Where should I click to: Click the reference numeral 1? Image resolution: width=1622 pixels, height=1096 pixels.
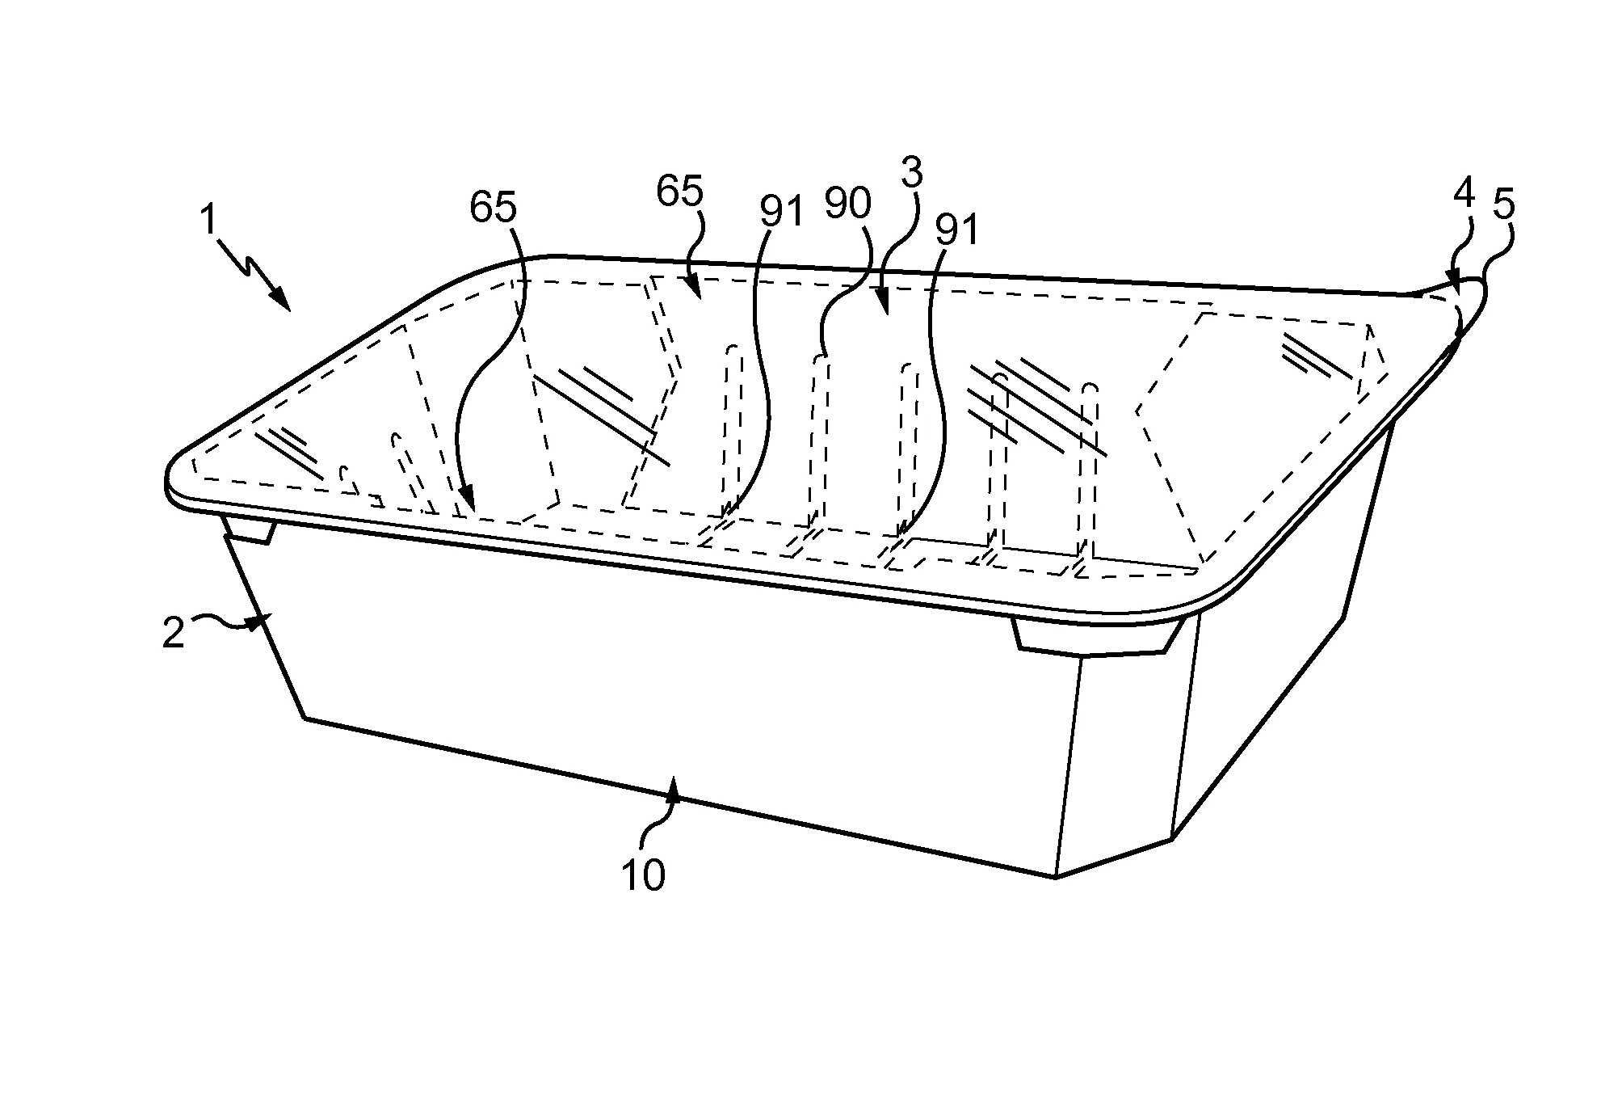point(210,219)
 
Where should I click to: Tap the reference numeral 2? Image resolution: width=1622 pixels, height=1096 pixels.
point(174,633)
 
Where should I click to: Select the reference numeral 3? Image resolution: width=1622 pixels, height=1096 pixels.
point(912,174)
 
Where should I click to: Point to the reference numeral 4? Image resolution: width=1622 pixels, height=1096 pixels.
point(1464,193)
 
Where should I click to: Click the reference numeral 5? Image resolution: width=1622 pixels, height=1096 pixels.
point(1503,205)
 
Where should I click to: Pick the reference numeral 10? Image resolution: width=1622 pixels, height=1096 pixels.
point(643,875)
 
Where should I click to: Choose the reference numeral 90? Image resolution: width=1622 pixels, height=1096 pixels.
point(848,204)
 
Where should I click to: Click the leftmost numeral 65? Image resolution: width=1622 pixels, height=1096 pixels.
point(493,208)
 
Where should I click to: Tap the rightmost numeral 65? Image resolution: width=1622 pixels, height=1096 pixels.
point(679,192)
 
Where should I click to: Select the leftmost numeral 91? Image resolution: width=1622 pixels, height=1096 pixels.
point(781,210)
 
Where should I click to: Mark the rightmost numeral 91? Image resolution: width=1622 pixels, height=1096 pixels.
point(956,230)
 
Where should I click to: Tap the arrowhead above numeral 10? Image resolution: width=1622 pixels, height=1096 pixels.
point(673,786)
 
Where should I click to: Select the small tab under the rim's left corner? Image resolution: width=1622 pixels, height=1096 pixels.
point(250,529)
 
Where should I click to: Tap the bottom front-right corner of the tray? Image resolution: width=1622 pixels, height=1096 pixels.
point(1056,877)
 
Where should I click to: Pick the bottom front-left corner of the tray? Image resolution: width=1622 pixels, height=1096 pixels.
point(305,718)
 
